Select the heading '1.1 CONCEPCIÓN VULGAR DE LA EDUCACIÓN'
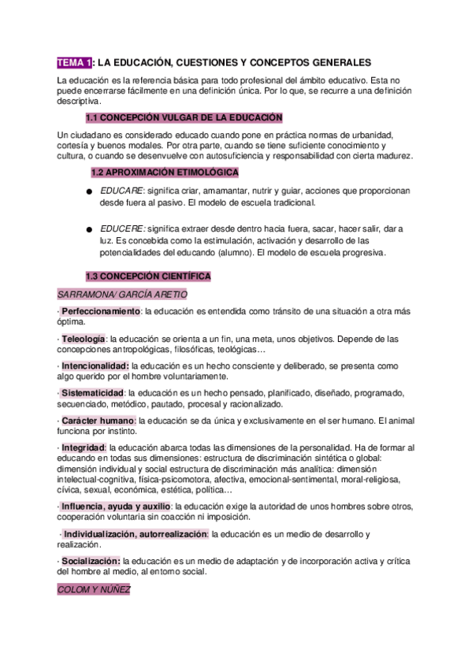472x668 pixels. tap(183, 117)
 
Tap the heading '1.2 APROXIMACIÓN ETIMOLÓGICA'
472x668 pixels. tap(165, 172)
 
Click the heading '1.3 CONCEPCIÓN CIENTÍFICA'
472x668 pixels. tap(147, 276)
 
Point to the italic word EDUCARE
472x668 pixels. tap(121, 191)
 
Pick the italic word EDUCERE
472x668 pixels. tap(122, 229)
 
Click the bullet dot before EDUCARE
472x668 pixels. tap(91, 192)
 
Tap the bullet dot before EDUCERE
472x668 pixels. tap(91, 230)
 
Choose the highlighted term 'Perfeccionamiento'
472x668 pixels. tap(100, 312)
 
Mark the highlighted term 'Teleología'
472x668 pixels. tap(84, 339)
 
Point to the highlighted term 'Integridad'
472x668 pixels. tap(83, 447)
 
